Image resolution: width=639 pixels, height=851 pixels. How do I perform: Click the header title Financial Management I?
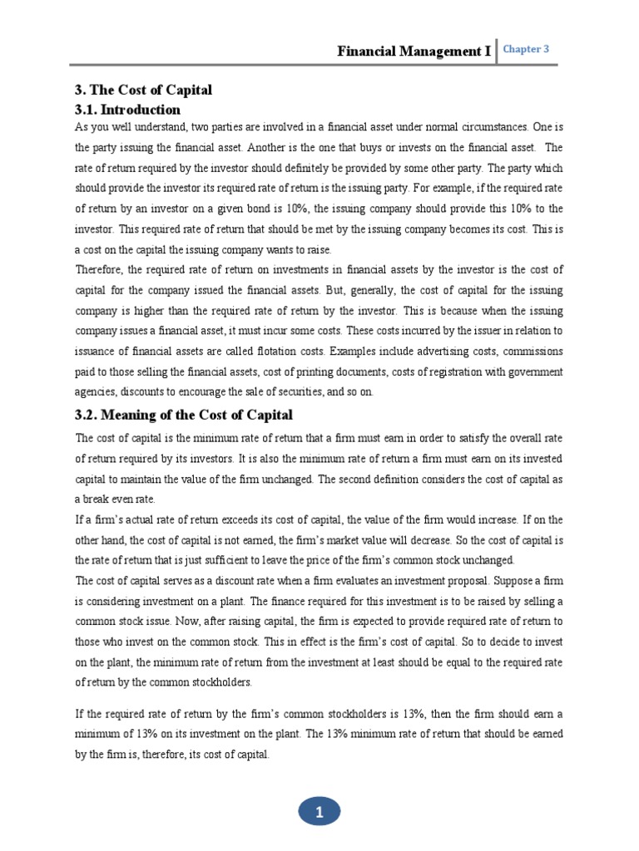coord(414,52)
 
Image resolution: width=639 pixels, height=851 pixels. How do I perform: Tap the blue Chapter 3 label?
coord(526,49)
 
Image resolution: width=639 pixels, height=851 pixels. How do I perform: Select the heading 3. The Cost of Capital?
coord(143,90)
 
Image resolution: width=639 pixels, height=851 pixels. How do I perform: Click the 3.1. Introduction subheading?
coord(127,110)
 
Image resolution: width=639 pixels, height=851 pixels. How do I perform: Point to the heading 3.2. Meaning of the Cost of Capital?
coord(184,415)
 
